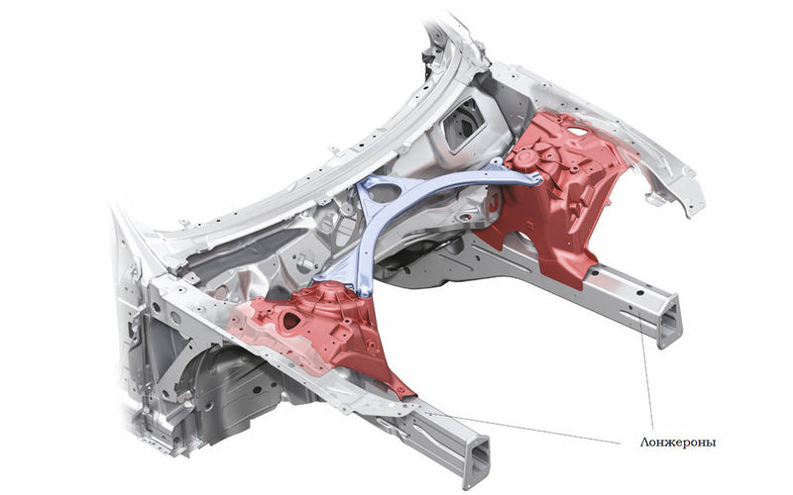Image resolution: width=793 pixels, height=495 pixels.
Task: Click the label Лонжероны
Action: coord(678,443)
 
